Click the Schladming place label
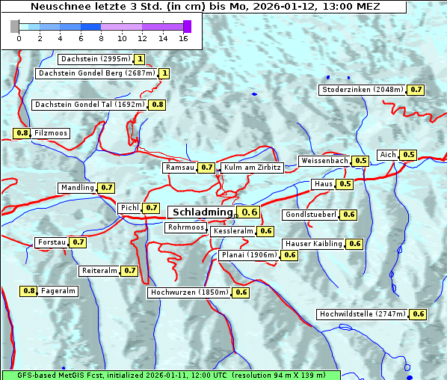(203, 212)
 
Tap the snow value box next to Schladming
(250, 212)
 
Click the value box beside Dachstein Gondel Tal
(158, 105)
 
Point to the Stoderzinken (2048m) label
(363, 90)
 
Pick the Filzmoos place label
(51, 133)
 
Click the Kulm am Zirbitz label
(252, 168)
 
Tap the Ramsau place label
(179, 168)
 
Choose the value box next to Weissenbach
(361, 161)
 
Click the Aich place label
(388, 155)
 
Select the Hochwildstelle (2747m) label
(363, 314)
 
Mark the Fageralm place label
(58, 291)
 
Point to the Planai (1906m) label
(249, 255)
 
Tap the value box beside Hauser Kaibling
(355, 244)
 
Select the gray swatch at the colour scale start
(15, 26)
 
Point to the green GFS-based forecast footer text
(170, 375)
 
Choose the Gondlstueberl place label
(310, 215)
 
